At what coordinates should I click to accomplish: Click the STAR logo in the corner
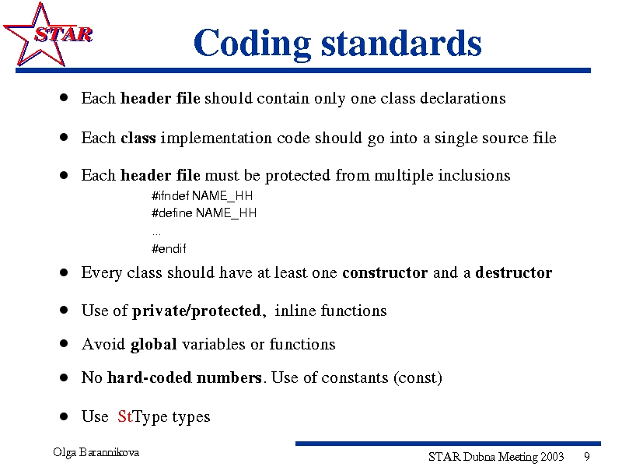point(47,34)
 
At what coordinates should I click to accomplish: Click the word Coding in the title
point(252,44)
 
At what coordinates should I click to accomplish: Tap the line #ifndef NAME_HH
point(202,196)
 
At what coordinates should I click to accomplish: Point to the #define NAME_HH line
point(204,213)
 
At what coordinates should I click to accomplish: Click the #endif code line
point(169,248)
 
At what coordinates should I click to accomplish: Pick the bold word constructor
point(385,273)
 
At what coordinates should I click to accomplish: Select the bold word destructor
point(513,273)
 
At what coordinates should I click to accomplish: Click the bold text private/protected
point(197,311)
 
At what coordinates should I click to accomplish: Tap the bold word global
point(153,345)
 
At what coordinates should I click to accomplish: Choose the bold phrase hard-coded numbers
point(184,377)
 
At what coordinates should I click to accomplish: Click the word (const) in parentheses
point(418,378)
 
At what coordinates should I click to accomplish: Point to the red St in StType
point(124,416)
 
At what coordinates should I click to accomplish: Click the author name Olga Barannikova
point(96,452)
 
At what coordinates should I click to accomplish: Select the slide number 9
point(587,457)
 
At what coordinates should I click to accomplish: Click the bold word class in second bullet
point(138,139)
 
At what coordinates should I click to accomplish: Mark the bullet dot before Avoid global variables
point(64,343)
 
